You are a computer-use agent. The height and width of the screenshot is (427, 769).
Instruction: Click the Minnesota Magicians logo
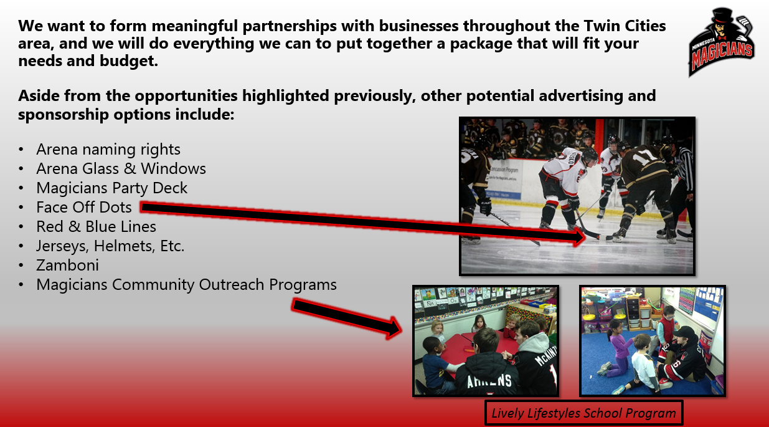[x=721, y=42]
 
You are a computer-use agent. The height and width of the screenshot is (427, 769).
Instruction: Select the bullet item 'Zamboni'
[x=68, y=266]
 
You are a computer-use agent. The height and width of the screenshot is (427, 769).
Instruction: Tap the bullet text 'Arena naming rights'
[x=108, y=150]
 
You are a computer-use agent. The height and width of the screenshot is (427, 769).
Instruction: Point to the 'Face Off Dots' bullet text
[x=84, y=208]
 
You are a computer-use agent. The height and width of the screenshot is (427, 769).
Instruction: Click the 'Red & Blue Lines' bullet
[x=96, y=226]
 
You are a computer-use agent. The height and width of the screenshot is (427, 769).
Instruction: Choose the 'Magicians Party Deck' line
[x=112, y=188]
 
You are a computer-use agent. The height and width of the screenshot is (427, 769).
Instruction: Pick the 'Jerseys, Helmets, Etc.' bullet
[x=110, y=246]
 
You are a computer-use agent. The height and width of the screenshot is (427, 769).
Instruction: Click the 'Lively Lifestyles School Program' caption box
[x=583, y=413]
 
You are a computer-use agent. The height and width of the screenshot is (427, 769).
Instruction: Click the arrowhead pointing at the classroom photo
[x=394, y=327]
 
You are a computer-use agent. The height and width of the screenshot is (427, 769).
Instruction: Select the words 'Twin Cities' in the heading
[x=625, y=26]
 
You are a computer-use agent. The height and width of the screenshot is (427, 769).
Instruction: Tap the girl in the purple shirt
[x=618, y=347]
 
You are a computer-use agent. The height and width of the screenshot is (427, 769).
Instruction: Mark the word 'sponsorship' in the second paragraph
[x=63, y=115]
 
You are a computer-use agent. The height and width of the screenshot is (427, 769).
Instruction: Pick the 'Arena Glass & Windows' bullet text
[x=121, y=169]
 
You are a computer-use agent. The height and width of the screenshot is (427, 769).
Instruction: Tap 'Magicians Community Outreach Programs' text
[x=186, y=285]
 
